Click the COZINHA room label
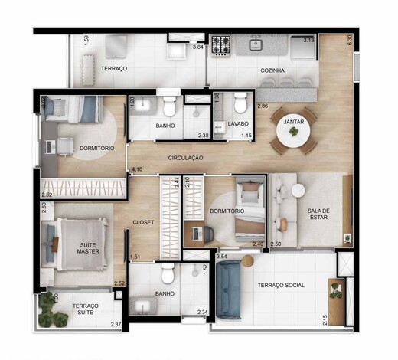coord(272,70)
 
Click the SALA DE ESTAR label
coord(318,214)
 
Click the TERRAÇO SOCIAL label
coord(281,285)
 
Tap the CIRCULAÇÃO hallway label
coord(181,157)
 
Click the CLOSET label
coord(143,222)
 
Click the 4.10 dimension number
coord(137,169)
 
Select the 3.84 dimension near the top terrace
coord(197,47)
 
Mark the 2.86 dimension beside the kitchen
coord(263,105)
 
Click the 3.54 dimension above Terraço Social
coord(222,257)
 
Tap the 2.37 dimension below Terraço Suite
coord(115,326)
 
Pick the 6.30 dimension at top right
coord(350,41)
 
